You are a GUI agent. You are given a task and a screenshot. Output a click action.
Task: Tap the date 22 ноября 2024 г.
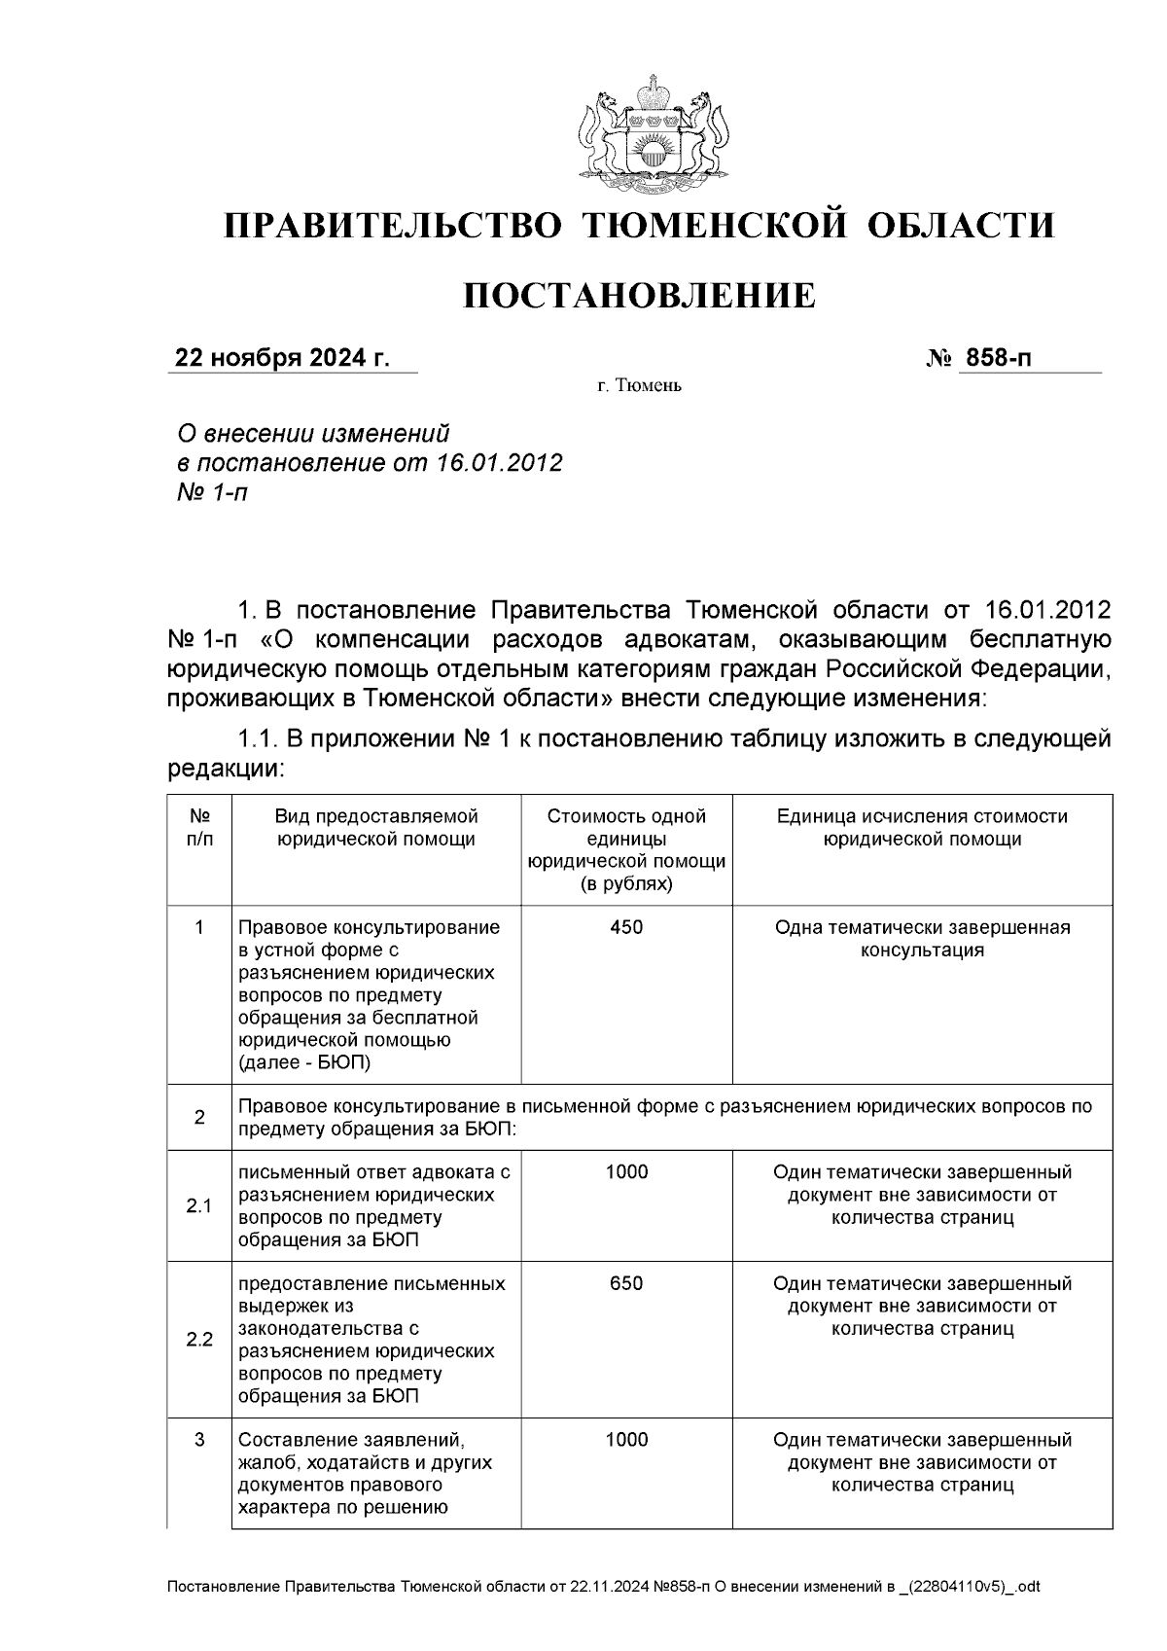tap(282, 359)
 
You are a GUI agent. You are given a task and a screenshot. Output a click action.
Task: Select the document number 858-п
tap(996, 359)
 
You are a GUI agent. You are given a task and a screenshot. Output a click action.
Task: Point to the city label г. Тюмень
tap(639, 386)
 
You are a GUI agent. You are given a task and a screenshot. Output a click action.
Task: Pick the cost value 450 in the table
tap(626, 927)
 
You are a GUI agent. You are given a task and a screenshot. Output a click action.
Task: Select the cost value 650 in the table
tap(626, 1283)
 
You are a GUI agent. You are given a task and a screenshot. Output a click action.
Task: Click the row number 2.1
tap(199, 1206)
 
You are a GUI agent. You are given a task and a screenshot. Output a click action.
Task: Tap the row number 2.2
tap(199, 1340)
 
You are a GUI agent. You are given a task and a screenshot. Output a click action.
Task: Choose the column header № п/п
tap(199, 827)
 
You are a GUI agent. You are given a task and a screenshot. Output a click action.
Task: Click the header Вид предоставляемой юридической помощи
tap(376, 827)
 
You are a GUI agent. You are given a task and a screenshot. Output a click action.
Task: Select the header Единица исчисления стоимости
tap(922, 827)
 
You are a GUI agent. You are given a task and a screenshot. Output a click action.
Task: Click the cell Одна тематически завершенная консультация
tap(922, 938)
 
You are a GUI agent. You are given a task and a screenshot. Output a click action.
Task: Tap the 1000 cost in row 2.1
tap(626, 1172)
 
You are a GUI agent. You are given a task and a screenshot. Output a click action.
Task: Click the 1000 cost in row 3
tap(626, 1440)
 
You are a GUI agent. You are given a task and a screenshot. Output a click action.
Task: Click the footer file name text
tap(603, 1587)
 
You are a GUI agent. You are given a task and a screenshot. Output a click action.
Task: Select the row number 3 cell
tap(199, 1440)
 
